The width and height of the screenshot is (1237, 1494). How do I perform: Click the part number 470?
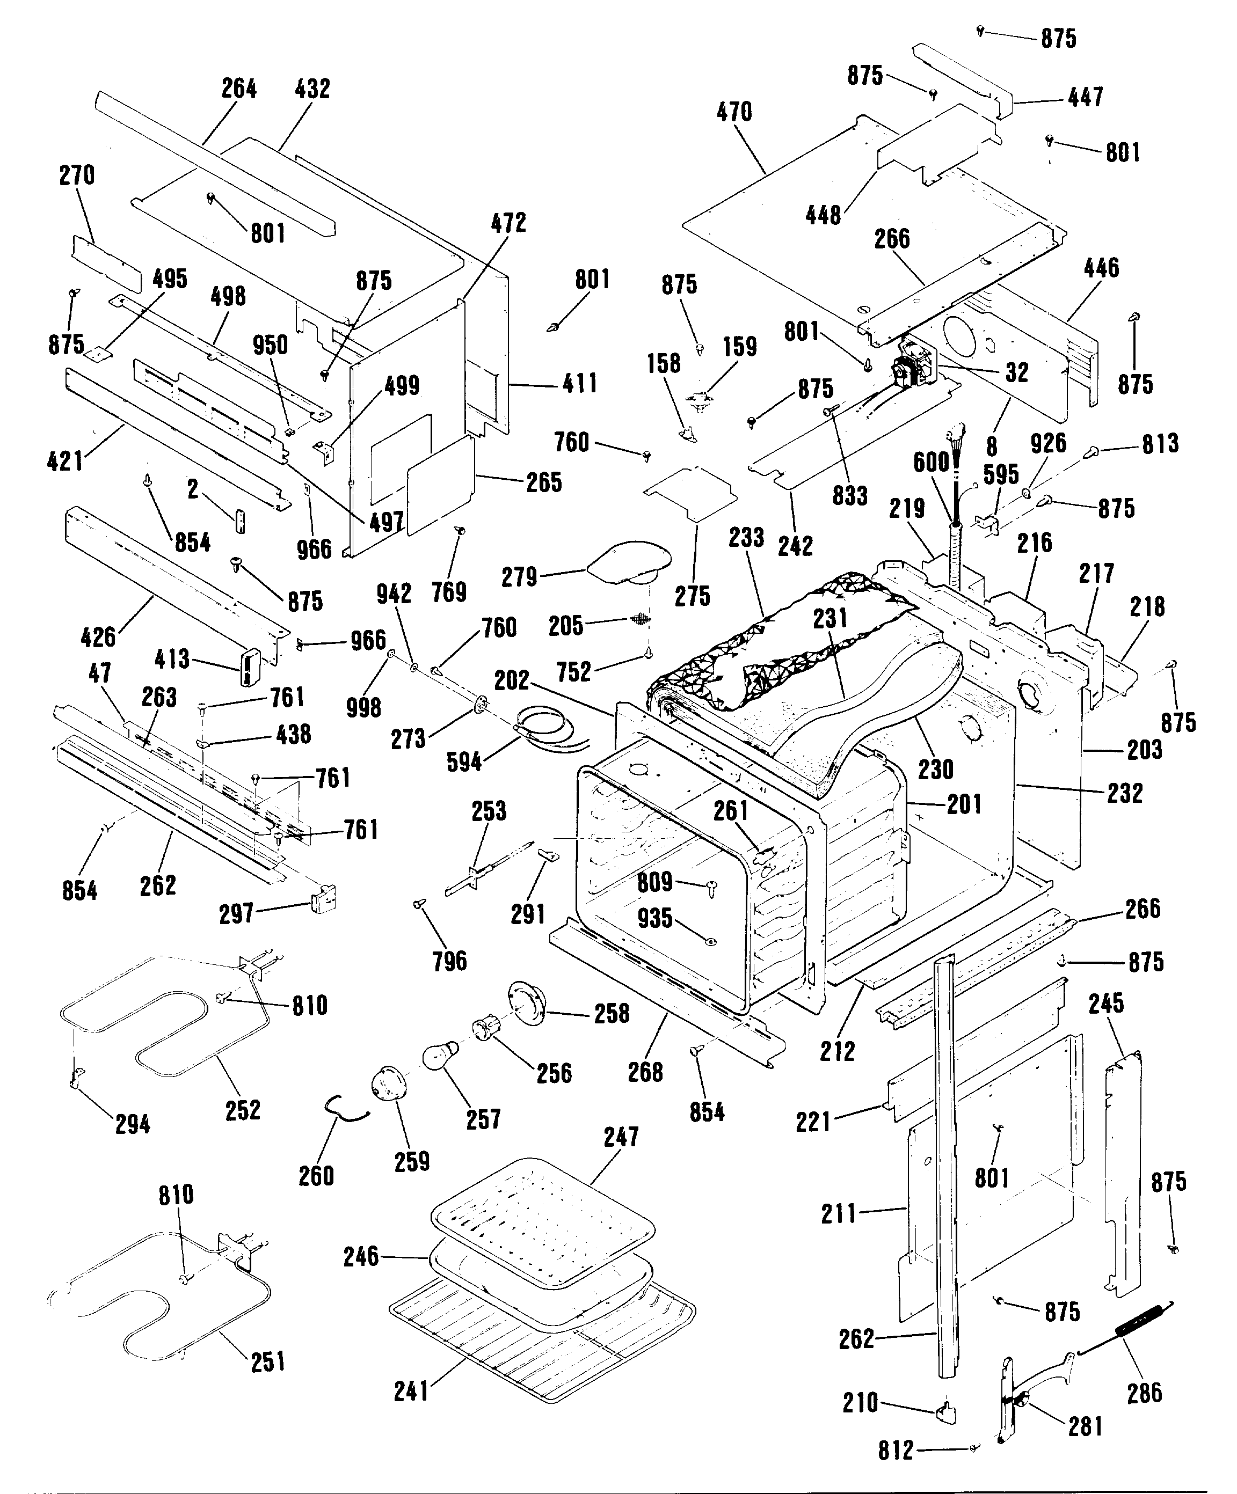tap(734, 112)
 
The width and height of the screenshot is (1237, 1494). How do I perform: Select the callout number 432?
tap(312, 90)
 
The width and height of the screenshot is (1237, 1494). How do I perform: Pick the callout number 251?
tap(267, 1382)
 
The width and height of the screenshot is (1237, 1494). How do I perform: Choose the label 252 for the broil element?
tap(243, 1130)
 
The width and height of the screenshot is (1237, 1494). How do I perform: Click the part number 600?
tap(931, 463)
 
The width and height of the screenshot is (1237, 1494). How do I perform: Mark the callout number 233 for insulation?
tap(746, 538)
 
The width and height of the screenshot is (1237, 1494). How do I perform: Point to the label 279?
tap(519, 577)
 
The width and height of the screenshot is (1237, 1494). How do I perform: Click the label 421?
tap(65, 461)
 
